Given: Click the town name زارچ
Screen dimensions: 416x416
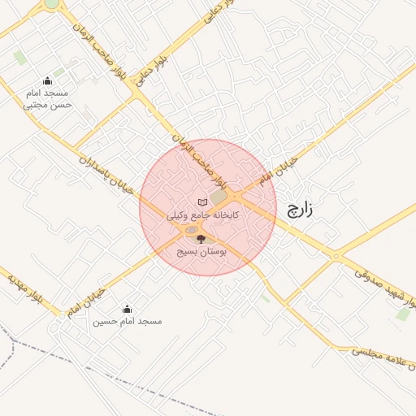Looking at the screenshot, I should point(299,210).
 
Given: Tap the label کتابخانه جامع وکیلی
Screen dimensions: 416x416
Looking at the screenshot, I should point(202,216).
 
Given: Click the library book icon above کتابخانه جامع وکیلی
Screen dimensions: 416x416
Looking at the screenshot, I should point(202,202).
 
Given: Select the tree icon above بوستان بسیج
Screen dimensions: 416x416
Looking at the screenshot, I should point(201,239).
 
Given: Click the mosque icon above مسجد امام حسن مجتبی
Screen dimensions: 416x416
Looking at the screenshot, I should point(47,80).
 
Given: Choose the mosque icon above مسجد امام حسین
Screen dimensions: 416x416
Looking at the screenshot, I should point(126,309).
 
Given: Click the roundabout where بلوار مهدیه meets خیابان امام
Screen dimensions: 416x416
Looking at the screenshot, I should point(62,314).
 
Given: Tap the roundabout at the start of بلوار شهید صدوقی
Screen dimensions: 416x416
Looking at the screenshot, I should point(335,257).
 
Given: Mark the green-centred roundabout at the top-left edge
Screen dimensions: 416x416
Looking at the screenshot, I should point(51,3).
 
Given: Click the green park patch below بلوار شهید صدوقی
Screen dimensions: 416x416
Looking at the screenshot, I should point(402,314).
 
